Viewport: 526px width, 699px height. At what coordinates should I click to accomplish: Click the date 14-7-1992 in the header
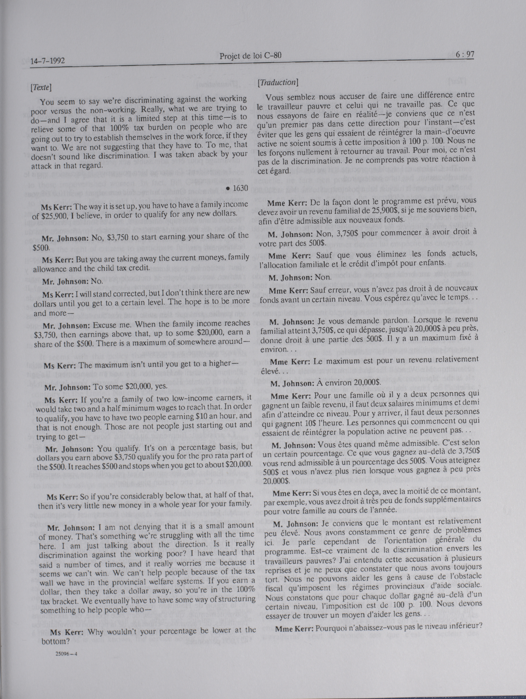tap(48, 60)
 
